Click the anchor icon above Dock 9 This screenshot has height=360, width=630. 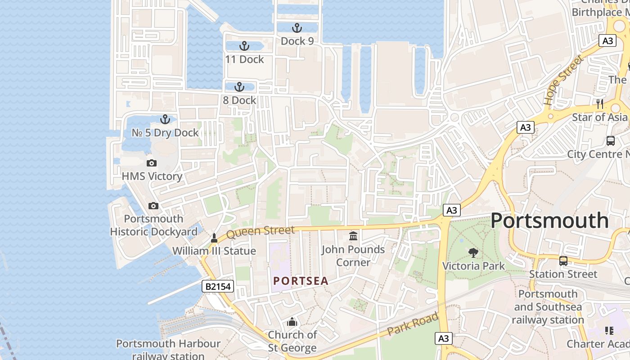297,28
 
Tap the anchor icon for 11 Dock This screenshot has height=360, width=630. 244,46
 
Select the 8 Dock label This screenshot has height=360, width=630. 239,100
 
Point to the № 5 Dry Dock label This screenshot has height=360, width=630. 165,133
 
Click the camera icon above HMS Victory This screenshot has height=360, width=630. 152,163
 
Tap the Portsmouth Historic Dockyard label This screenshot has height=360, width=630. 154,225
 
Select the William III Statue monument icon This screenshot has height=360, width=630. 215,238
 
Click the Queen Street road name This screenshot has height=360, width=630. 261,232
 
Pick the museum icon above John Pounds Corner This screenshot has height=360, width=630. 353,236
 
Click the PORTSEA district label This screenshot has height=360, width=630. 301,281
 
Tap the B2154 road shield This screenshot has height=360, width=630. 218,286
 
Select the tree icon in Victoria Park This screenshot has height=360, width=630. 473,252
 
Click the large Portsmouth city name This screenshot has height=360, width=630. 549,220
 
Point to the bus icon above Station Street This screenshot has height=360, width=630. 563,261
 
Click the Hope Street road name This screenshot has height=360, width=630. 562,80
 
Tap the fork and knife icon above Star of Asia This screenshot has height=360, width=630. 599,104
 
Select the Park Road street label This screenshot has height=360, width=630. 413,324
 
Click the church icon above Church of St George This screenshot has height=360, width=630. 292,322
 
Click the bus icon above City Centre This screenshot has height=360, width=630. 610,140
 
